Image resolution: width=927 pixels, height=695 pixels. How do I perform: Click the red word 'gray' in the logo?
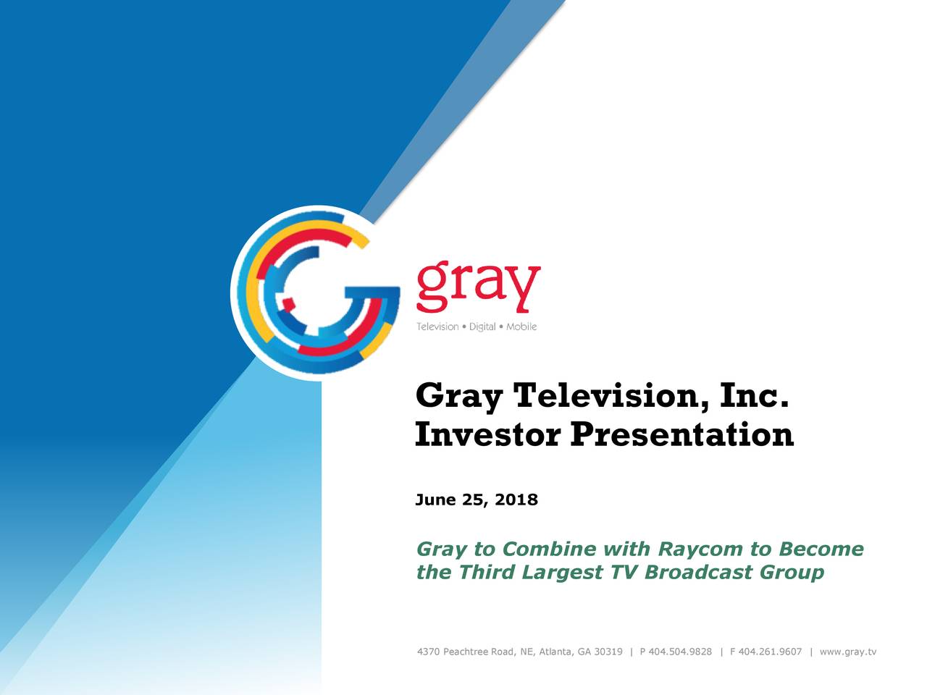[x=478, y=287]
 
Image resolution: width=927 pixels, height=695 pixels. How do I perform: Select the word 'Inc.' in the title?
[x=754, y=396]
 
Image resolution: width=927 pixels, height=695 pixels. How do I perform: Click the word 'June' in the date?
[x=435, y=500]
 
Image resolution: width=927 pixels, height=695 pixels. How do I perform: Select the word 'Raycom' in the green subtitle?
[x=701, y=549]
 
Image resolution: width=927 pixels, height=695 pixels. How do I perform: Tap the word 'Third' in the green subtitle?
[x=487, y=573]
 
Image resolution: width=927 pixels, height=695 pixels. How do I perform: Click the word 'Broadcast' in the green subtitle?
[x=698, y=573]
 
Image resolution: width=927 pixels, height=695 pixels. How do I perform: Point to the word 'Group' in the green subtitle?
[x=792, y=573]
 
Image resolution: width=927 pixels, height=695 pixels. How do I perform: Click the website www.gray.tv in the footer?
[x=847, y=652]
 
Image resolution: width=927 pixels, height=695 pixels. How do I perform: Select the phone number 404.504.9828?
[x=680, y=652]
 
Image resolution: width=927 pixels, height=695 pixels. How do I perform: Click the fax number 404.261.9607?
[x=770, y=652]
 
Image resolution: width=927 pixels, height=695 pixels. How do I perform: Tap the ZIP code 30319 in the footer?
[x=608, y=652]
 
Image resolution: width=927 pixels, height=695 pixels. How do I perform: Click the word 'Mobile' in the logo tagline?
[x=521, y=327]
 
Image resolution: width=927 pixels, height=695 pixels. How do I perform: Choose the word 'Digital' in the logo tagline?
[x=482, y=327]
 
